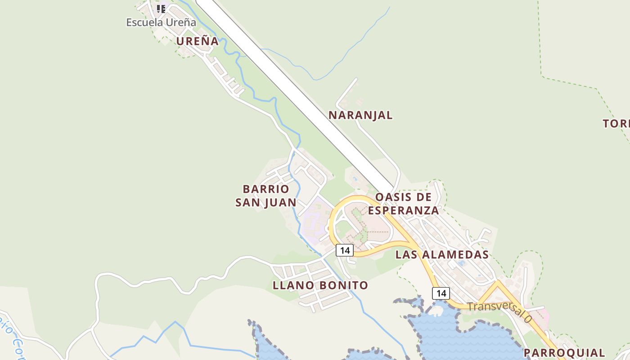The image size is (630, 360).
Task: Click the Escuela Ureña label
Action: pyautogui.click(x=161, y=22)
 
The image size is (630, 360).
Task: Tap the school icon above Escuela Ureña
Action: pyautogui.click(x=161, y=9)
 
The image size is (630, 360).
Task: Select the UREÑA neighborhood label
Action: pyautogui.click(x=197, y=41)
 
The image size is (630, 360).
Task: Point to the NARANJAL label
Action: pyautogui.click(x=360, y=115)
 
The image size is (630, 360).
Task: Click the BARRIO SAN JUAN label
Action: pyautogui.click(x=266, y=196)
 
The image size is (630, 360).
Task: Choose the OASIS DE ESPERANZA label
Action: pyautogui.click(x=403, y=203)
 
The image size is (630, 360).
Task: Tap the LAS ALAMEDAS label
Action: pyautogui.click(x=442, y=255)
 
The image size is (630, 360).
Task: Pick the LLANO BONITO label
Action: pyautogui.click(x=320, y=285)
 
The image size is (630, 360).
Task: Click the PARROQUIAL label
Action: pyautogui.click(x=564, y=353)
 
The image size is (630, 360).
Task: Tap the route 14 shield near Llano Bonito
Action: pyautogui.click(x=345, y=250)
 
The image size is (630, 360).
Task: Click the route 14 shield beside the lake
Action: pyautogui.click(x=441, y=293)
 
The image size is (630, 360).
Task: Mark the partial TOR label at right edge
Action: pyautogui.click(x=616, y=124)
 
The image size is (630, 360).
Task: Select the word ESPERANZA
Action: pyautogui.click(x=403, y=210)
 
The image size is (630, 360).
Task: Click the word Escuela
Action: pyautogui.click(x=142, y=22)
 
